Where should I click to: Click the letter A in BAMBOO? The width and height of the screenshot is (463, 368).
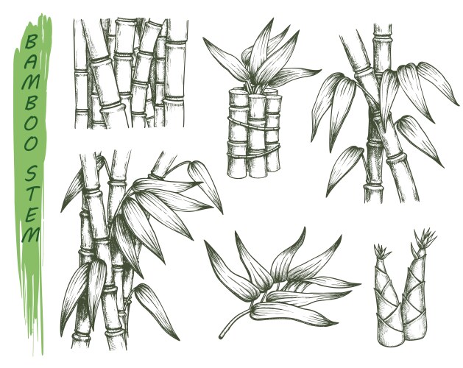pos(32,60)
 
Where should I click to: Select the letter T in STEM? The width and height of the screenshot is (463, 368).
pos(32,193)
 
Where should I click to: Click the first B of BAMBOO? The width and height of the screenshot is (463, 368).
pos(31,41)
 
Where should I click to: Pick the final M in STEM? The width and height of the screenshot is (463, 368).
pos(31,235)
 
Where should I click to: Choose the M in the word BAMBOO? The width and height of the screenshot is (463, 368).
pos(30,80)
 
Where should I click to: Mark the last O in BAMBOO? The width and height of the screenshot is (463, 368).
pos(31,143)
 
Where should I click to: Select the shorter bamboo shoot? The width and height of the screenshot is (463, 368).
pos(387,301)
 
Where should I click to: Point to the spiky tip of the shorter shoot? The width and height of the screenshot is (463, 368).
pos(381,252)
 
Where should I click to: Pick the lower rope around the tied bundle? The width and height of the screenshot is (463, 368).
pos(253,151)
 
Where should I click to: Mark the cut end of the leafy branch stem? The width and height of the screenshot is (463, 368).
pos(221,336)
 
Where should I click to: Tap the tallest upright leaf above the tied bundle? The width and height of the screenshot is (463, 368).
pos(261,47)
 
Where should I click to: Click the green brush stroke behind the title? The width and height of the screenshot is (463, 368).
pos(32,183)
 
